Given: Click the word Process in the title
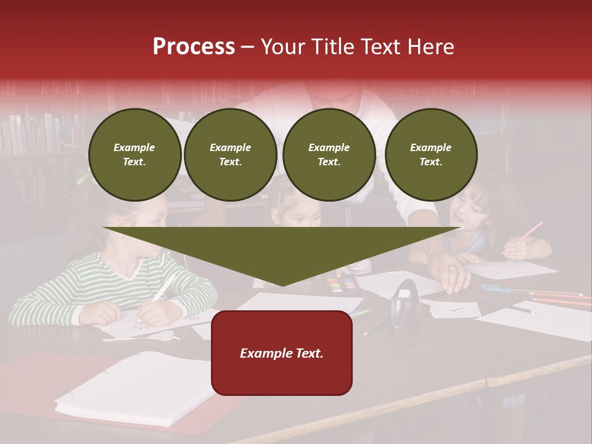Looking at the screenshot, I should tap(194, 47).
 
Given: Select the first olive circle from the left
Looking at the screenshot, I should tap(134, 155).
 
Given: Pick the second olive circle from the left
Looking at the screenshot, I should tap(230, 155).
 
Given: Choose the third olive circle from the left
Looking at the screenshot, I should tap(329, 155).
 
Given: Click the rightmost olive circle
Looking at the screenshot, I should tap(430, 155).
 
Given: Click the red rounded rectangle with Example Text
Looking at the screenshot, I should tap(282, 353).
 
